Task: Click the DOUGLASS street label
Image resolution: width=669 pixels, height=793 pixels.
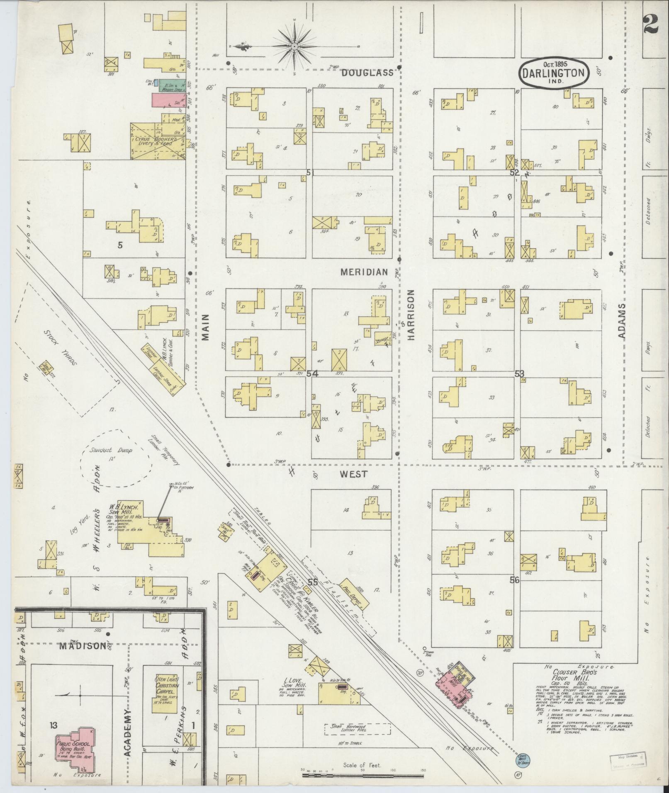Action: pos(367,73)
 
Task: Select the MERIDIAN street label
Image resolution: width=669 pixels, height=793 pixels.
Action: pos(364,272)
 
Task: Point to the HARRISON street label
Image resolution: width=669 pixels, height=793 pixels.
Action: pos(411,315)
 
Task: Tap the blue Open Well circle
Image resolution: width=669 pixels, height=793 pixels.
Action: pos(520,758)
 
